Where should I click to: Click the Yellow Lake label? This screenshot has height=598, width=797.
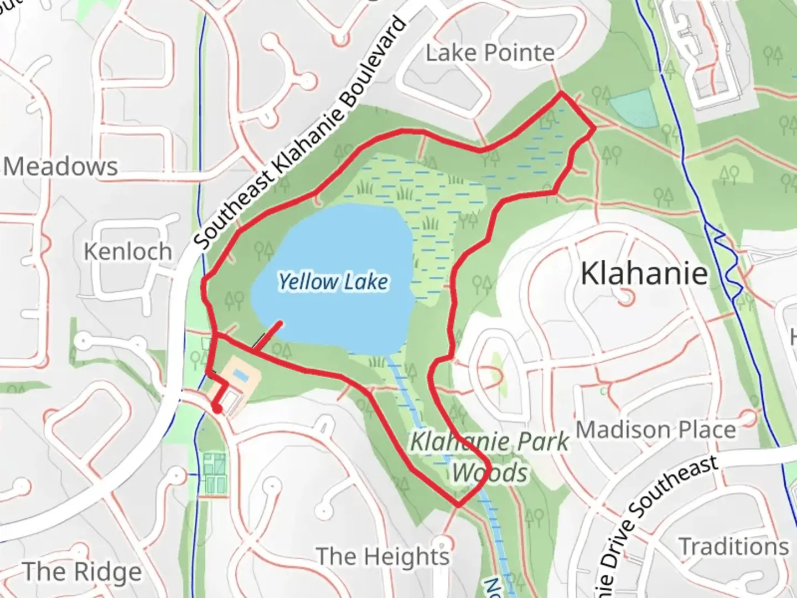[333, 282]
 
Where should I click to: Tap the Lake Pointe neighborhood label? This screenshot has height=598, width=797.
[490, 53]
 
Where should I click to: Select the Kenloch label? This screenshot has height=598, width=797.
[128, 251]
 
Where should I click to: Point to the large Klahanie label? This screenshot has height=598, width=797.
[644, 273]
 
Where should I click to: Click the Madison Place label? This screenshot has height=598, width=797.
[656, 430]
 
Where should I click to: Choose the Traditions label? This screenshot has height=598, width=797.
[734, 547]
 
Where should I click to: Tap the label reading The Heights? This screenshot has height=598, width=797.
[382, 556]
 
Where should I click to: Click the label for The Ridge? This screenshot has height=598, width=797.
[82, 571]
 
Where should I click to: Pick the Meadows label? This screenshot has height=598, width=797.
[61, 166]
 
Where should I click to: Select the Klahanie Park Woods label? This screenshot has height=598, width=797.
[490, 457]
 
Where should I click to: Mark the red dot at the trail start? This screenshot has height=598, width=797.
[217, 409]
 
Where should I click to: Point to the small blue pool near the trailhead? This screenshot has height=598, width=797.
[240, 374]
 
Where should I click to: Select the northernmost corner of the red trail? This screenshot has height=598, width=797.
[561, 93]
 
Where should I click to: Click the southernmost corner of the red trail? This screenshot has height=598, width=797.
[458, 505]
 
